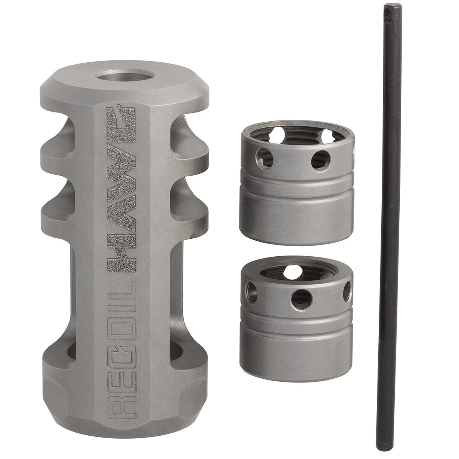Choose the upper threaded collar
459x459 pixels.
coord(296,180)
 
